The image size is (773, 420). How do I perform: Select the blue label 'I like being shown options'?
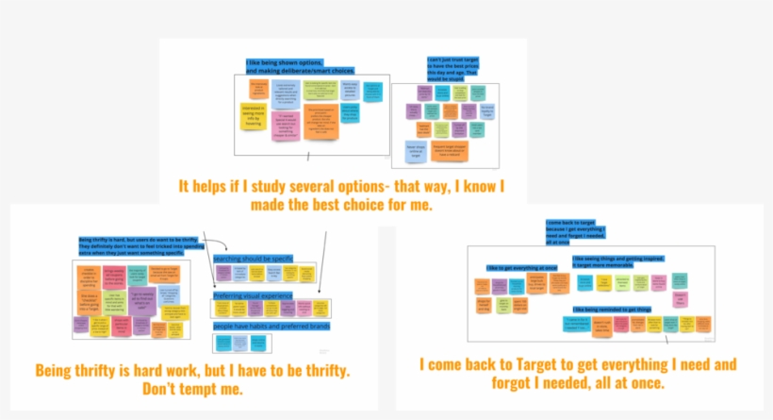(x=286, y=65)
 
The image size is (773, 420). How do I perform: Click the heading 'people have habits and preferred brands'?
(x=271, y=326)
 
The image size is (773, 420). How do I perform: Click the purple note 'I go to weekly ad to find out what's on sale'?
(x=145, y=299)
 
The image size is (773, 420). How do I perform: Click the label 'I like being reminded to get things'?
(x=613, y=309)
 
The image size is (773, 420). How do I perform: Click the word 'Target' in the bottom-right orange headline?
(x=535, y=364)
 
